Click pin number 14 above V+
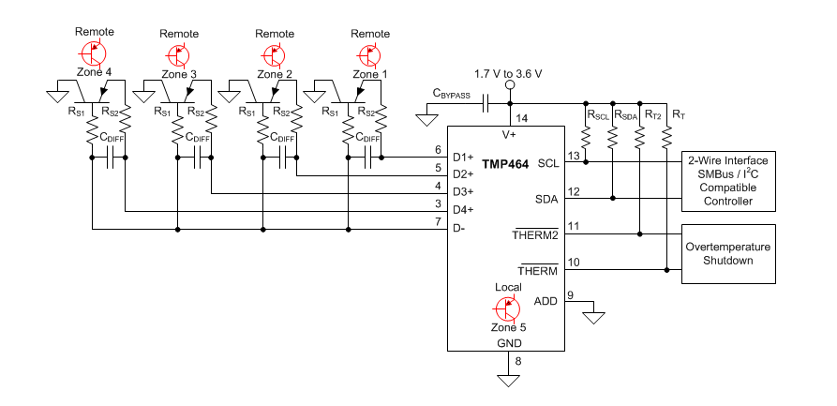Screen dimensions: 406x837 pyautogui.click(x=521, y=118)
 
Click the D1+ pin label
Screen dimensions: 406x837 pyautogui.click(x=463, y=157)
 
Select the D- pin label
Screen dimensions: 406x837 pyautogui.click(x=460, y=227)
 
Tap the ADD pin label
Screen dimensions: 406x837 pyautogui.click(x=546, y=301)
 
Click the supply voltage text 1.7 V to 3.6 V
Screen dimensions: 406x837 pyautogui.click(x=509, y=72)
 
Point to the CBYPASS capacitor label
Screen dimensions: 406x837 pyautogui.click(x=451, y=92)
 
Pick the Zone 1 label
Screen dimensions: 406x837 pyautogui.click(x=370, y=73)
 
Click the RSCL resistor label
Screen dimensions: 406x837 pyautogui.click(x=597, y=114)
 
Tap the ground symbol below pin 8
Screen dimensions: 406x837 pyautogui.click(x=509, y=380)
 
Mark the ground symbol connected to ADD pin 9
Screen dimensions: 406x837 pyautogui.click(x=592, y=318)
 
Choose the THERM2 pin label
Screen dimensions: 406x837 pyautogui.click(x=535, y=234)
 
